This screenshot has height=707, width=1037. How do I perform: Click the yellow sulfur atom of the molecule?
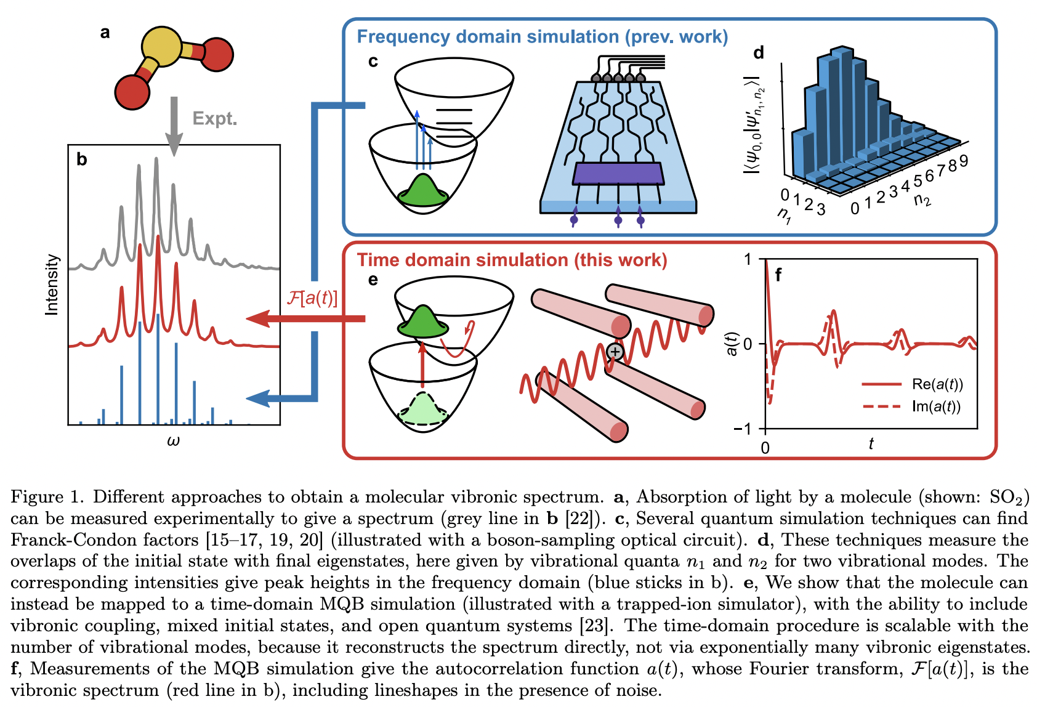click(x=161, y=47)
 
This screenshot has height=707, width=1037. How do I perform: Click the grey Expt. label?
click(x=214, y=118)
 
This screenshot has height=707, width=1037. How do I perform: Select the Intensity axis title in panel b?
click(x=52, y=285)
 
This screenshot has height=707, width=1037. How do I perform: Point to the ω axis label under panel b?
click(x=173, y=440)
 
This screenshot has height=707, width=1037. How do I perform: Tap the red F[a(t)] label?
click(x=312, y=298)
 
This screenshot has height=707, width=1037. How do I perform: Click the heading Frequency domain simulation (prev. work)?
click(x=542, y=37)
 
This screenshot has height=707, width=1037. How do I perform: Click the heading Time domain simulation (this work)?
click(x=512, y=260)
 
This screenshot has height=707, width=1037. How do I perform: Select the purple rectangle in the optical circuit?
click(x=618, y=174)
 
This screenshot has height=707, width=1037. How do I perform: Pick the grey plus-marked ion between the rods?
click(x=615, y=352)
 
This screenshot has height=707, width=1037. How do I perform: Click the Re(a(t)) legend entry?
click(x=937, y=384)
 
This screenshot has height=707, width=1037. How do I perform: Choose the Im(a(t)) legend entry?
click(x=935, y=406)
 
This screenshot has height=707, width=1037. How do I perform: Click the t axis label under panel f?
click(x=871, y=443)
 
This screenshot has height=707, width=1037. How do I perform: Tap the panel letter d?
click(x=759, y=53)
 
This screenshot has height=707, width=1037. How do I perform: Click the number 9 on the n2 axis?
click(x=963, y=161)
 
